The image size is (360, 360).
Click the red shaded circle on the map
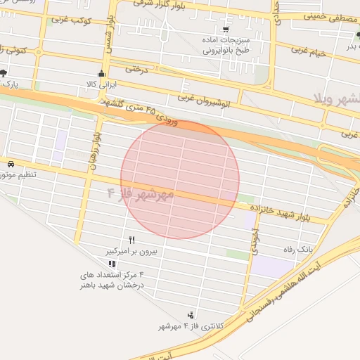pos(180,180)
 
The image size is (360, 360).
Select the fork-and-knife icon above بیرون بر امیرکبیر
pos(131,240)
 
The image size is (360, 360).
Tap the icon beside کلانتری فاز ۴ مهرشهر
pos(191,314)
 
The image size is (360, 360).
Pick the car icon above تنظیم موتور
pos(11,163)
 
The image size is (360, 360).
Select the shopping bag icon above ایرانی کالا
pos(101,74)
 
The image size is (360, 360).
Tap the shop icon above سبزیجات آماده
pos(225,30)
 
